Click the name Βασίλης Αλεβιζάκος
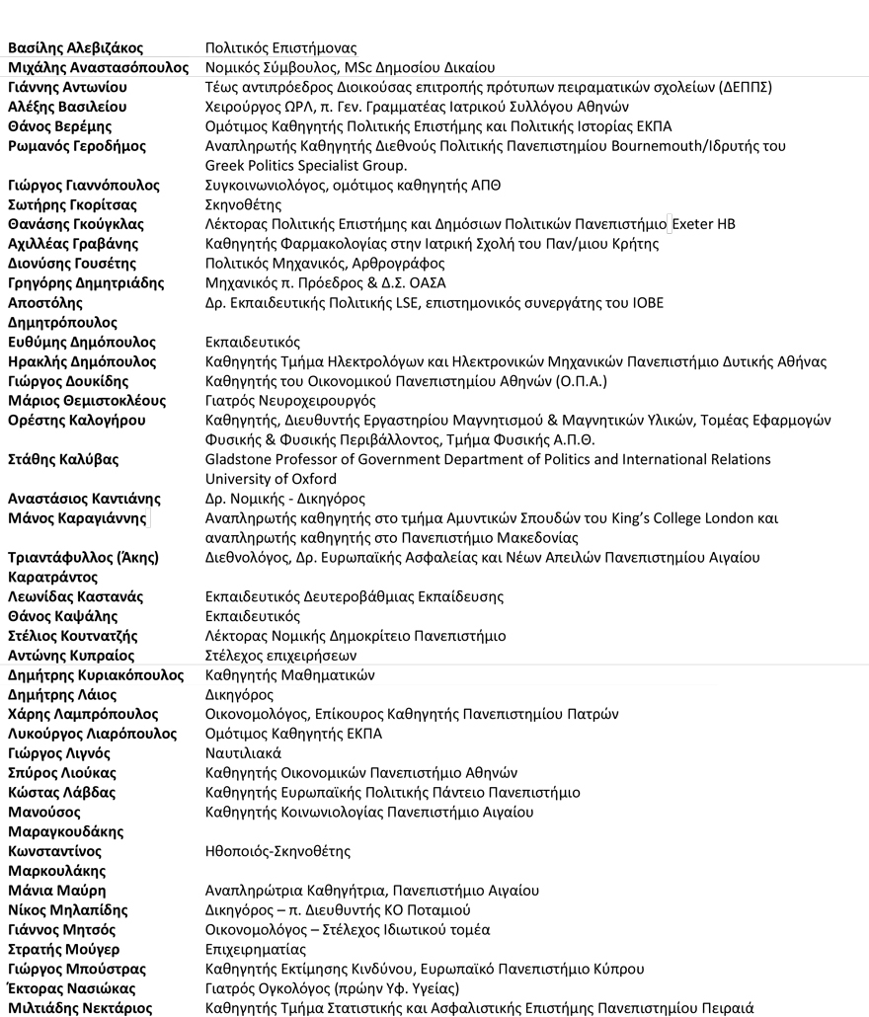(x=75, y=47)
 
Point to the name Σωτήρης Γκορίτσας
(x=72, y=204)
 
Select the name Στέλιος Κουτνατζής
(x=73, y=636)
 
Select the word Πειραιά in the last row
(x=728, y=1008)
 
